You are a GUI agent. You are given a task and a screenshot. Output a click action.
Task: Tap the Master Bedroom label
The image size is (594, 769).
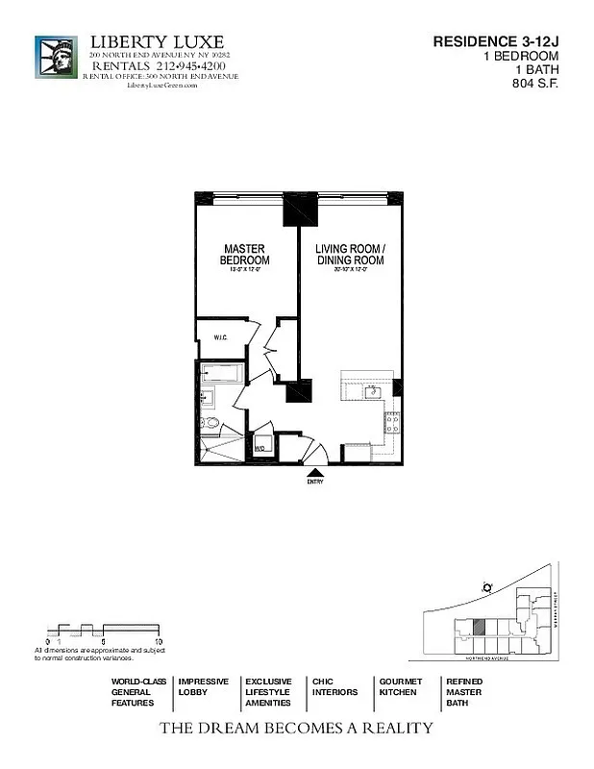pos(244,255)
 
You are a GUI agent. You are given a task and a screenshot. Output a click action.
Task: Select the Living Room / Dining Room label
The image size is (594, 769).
pos(350,255)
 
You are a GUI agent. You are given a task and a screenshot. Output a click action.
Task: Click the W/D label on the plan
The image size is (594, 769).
pos(260,449)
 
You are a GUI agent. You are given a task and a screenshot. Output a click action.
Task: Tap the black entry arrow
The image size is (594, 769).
pos(315,471)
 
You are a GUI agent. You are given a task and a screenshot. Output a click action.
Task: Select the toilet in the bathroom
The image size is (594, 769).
pos(210,423)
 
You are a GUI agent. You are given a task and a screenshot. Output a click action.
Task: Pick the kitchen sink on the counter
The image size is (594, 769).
pos(372,392)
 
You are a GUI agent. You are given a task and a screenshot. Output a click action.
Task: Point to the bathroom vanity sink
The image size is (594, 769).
pos(208,397)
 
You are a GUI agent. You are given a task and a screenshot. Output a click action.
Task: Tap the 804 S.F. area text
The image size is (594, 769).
pos(535,84)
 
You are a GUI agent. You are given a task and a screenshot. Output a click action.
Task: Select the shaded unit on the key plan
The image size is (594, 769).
pos(478,626)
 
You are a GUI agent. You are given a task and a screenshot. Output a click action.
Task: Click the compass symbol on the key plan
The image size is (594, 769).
pos(488,586)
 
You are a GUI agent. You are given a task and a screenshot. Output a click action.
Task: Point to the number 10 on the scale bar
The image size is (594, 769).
pos(159,640)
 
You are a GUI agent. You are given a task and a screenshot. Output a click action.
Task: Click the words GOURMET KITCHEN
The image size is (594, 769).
pos(400,686)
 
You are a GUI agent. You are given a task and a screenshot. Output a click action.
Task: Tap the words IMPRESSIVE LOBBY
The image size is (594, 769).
pos(203,686)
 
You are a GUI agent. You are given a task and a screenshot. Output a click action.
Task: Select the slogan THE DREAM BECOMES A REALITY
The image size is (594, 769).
pos(296,728)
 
